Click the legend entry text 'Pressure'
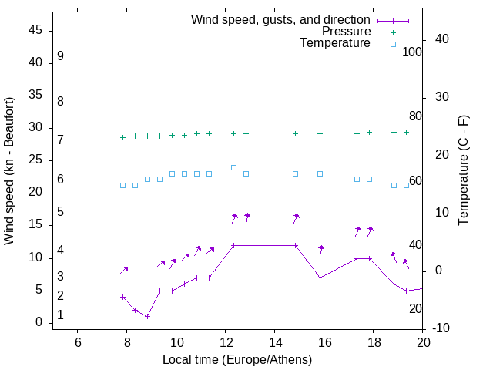pos(346,32)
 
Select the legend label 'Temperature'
pos(335,43)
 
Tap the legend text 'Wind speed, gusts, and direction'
pos(281,20)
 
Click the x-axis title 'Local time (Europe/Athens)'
pos(237,359)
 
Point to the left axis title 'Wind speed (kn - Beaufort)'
pos(9,171)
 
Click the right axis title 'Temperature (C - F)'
pos(464,171)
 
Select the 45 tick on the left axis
pos(35,31)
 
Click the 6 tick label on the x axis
pos(77,342)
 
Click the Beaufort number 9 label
pos(60,56)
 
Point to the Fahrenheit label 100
pos(412,52)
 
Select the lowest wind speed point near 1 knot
pos(147,316)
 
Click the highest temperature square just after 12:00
pos(233,167)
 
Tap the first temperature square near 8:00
pos(122,185)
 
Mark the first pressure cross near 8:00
pos(122,137)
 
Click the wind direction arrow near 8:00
pos(123,270)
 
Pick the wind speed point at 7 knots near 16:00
pos(320,277)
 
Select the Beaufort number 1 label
pos(60,315)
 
